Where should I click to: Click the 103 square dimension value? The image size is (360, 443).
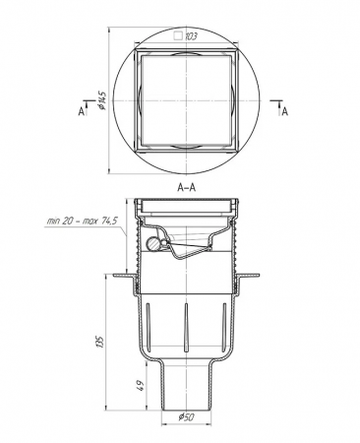tap(191, 36)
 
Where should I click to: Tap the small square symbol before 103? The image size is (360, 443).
tap(178, 35)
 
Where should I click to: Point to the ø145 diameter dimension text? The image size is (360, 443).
tap(102, 100)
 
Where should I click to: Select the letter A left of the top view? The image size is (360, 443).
tap(81, 112)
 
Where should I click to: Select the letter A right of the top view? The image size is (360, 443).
tap(285, 112)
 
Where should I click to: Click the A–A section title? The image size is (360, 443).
tap(187, 187)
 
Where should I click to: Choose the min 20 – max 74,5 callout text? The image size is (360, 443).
tap(82, 221)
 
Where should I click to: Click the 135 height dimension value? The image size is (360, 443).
tap(100, 342)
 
